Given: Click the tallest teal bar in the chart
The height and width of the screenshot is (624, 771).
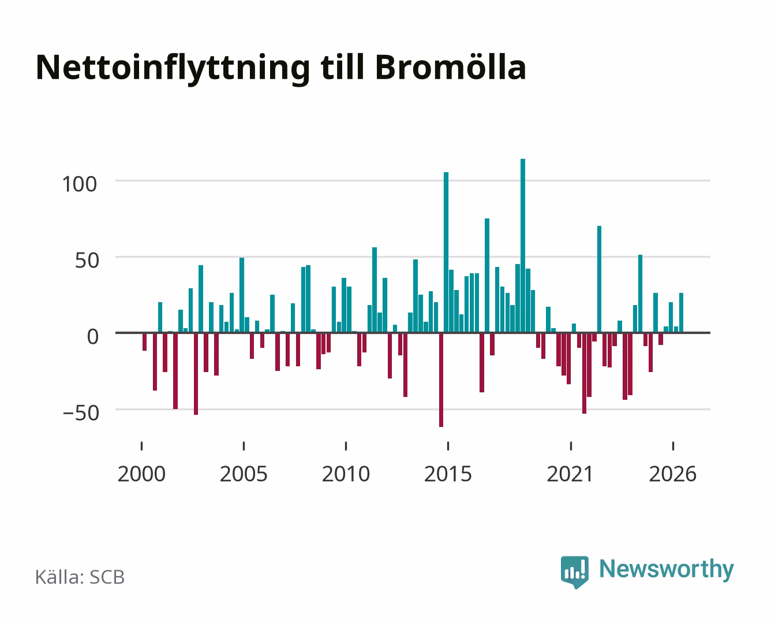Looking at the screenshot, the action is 523,246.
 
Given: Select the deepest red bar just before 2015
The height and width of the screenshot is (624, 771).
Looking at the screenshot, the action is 441,380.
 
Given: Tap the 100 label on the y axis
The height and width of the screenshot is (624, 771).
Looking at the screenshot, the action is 80,184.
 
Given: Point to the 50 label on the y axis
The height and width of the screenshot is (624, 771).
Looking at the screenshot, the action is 87,261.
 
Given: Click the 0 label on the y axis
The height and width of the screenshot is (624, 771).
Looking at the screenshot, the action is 93,337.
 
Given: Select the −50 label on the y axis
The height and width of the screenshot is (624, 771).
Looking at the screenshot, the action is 81,413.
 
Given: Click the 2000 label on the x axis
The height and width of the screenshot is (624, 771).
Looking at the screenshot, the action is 141,474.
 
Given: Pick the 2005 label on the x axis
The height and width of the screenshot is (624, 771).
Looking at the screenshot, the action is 244,474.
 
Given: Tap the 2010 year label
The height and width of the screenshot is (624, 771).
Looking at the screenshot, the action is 346,474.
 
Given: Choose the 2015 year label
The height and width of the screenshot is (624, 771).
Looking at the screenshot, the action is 448,474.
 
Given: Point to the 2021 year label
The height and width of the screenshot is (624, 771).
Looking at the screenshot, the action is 570,474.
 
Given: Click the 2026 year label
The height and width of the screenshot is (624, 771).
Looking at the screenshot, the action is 673,474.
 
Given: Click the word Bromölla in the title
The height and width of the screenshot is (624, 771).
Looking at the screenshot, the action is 450,68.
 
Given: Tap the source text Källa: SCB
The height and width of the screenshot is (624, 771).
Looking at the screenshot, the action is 80,577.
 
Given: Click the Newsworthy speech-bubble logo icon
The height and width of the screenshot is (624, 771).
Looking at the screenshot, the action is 574,571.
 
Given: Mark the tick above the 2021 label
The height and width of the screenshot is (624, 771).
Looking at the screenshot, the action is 571,446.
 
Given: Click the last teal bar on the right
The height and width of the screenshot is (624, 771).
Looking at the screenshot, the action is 681,313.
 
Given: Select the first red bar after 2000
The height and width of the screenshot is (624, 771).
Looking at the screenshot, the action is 144,341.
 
